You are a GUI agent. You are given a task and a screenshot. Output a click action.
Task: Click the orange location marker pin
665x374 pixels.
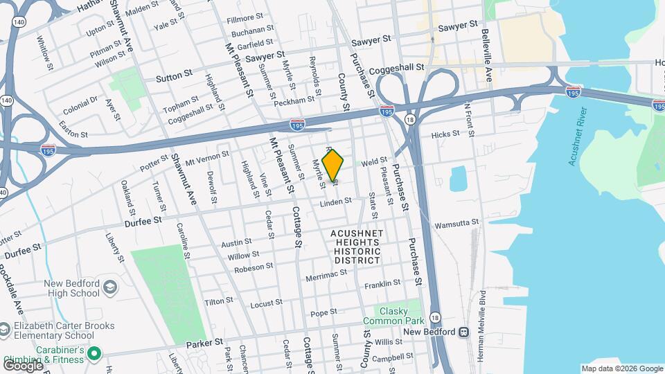332,166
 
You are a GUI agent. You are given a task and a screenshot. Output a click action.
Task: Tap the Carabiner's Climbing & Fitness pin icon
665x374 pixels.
94,355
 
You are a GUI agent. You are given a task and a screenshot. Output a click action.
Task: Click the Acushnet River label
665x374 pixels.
577,136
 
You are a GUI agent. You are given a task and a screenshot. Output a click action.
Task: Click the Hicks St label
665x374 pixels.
445,134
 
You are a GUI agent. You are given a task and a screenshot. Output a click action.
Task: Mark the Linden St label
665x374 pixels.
336,202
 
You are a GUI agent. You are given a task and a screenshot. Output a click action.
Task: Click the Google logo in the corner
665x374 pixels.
23,365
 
